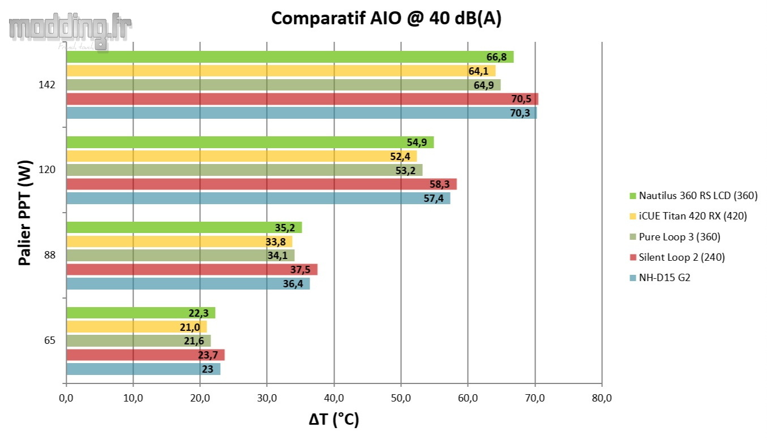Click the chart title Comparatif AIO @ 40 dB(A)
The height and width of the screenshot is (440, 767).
386,18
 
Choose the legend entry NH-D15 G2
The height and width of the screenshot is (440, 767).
664,278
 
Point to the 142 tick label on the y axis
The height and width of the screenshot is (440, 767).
48,85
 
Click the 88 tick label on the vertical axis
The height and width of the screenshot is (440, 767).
50,255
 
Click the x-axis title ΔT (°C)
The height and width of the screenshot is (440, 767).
334,420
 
